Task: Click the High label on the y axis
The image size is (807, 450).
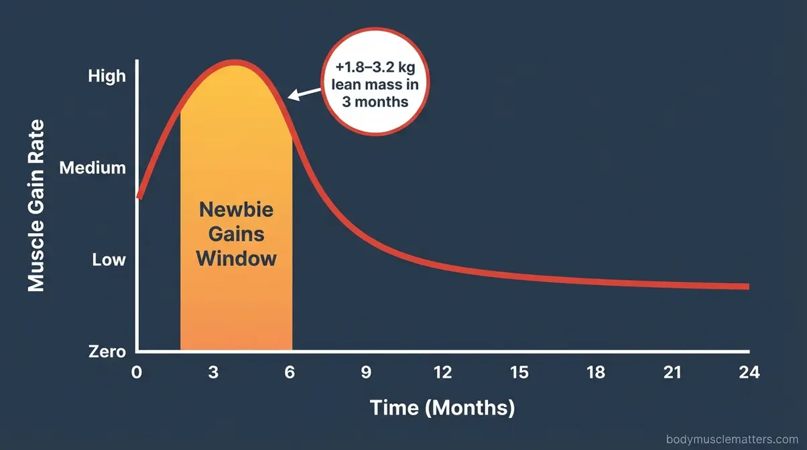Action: point(107,76)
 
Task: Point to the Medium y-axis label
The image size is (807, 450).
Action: point(92,168)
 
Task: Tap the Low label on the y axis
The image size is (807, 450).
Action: point(109,259)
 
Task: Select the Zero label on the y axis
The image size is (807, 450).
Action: point(107,352)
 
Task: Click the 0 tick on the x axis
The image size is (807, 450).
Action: point(137,372)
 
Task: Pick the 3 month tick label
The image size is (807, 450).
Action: point(213,372)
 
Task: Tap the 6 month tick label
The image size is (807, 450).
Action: point(290,372)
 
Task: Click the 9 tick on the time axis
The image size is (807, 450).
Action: point(366,372)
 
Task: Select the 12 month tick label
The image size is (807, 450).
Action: point(442,372)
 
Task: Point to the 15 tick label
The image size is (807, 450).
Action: point(519,372)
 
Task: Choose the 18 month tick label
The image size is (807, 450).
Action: point(595,372)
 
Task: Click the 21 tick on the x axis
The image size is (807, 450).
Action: point(672,372)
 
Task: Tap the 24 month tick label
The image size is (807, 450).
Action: point(748,372)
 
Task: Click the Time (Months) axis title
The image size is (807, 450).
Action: point(442,407)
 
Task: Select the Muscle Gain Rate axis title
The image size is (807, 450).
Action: point(36,205)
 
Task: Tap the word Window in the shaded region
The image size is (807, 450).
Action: point(237,258)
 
